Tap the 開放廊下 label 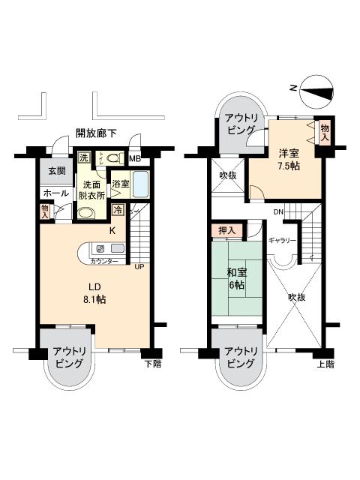(x=96, y=133)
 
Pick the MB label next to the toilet (x=135, y=159)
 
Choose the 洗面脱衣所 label (x=92, y=190)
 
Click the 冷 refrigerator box (x=118, y=211)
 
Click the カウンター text (x=103, y=262)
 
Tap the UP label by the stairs (x=139, y=265)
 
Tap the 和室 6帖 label (x=237, y=279)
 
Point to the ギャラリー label (x=282, y=240)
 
